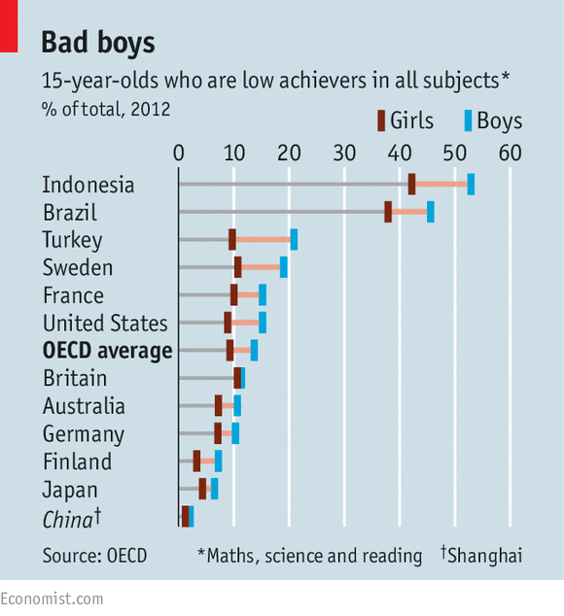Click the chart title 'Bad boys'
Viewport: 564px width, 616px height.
97,43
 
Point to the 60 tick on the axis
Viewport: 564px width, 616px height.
510,153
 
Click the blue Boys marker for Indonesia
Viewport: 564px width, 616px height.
471,184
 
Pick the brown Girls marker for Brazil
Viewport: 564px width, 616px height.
388,212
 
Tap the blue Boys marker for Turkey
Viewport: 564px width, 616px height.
294,239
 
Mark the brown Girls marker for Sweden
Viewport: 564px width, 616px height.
237,267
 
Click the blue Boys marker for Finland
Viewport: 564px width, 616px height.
218,461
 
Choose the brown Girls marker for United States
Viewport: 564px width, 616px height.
228,323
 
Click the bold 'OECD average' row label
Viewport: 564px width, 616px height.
107,351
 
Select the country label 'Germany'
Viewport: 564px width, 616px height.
84,434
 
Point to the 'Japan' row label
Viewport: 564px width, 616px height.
70,490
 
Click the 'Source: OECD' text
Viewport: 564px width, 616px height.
94,556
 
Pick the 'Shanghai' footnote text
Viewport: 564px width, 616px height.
485,556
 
